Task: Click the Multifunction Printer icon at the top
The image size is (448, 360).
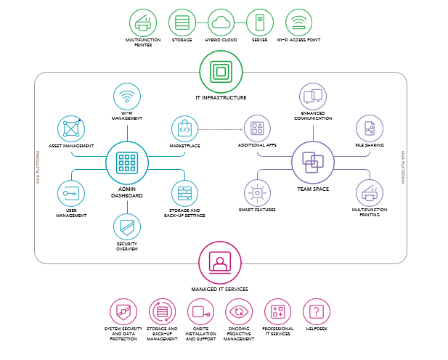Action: [x=143, y=22]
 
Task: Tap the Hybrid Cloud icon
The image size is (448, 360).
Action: [x=221, y=22]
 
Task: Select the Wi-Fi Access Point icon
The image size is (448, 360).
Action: [x=298, y=22]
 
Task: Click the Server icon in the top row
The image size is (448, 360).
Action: [x=259, y=22]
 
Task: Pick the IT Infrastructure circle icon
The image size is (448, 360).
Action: [x=221, y=72]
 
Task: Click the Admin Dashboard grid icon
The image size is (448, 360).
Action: [x=127, y=162]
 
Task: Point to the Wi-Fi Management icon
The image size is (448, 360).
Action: [x=127, y=97]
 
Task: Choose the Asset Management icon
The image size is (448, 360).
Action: [x=71, y=128]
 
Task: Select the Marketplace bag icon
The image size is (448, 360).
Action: [x=184, y=128]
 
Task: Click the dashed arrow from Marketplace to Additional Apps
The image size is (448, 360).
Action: [x=220, y=129]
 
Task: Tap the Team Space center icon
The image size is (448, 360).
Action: [x=313, y=162]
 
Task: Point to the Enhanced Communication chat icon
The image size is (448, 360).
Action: [x=313, y=96]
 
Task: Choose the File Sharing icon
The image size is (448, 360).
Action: [x=370, y=128]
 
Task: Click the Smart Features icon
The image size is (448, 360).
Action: [x=256, y=193]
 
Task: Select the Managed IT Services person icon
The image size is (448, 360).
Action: [x=220, y=261]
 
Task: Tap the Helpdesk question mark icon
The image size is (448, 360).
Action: [x=316, y=311]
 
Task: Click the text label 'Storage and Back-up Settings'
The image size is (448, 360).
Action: [x=184, y=213]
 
